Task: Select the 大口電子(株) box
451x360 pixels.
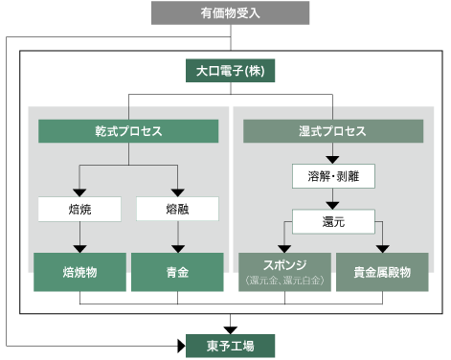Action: (230, 71)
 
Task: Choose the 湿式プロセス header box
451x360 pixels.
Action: (332, 131)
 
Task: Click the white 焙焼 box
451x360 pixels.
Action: (79, 208)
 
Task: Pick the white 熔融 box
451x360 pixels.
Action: (177, 208)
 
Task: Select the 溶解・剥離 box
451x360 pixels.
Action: (332, 177)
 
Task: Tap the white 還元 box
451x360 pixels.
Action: (332, 222)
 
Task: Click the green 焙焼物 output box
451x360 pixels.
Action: (79, 272)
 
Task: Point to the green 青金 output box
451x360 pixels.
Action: (177, 272)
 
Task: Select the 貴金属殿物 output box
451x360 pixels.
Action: (382, 272)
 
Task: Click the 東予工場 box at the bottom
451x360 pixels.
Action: (229, 344)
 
